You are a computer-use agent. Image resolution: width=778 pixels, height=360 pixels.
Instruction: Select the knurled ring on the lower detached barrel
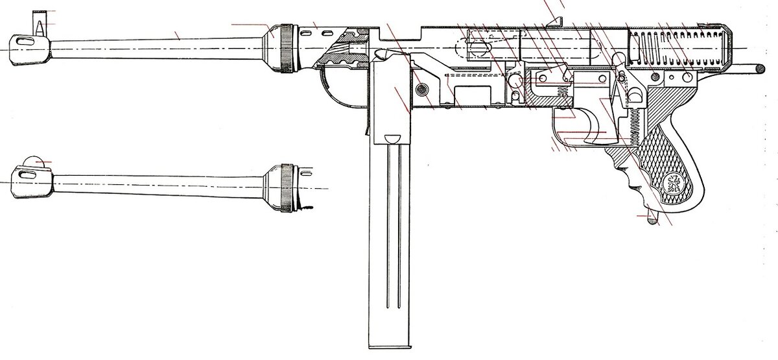[x=286, y=186]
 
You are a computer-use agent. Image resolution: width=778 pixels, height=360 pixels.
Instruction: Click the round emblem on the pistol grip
[x=672, y=182]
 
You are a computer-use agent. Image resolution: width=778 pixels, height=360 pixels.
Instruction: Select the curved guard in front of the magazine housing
[x=340, y=91]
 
